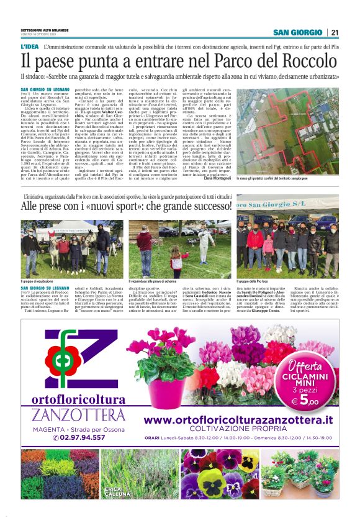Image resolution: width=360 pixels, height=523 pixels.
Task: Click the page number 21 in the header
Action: click(335, 32)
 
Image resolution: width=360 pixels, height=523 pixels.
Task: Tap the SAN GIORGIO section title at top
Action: click(298, 32)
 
